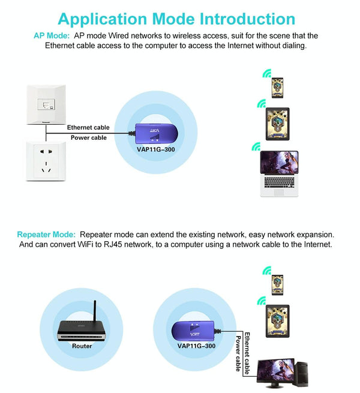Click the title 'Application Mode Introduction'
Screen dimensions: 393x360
(x=176, y=19)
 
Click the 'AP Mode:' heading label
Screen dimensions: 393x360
(x=51, y=36)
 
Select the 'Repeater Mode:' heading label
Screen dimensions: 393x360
(x=46, y=234)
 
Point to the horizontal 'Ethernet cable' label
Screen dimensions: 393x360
(x=88, y=127)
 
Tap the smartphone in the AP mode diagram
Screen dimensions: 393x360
(x=277, y=86)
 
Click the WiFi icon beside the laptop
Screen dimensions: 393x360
(x=256, y=146)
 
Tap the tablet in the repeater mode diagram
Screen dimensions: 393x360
(x=277, y=321)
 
